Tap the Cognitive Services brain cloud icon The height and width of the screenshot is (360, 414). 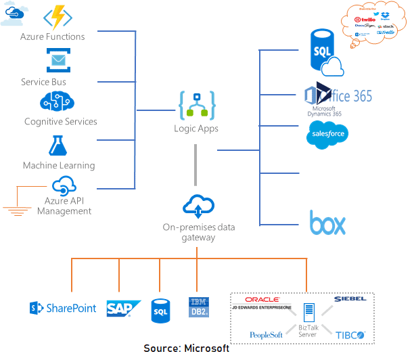coord(58,102)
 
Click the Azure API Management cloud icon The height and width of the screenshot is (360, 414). coord(64,185)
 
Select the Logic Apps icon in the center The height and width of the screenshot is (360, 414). coord(197,106)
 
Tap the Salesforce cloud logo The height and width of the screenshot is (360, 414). coord(326,134)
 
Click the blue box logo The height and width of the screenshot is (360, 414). coord(327,223)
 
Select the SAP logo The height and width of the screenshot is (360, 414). coord(123,309)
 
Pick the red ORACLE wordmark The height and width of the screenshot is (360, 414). coord(262,299)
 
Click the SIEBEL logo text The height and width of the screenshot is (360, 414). coord(350,298)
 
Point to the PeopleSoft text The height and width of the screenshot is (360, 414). coord(265,335)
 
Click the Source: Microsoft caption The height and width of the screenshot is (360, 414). coord(186,348)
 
